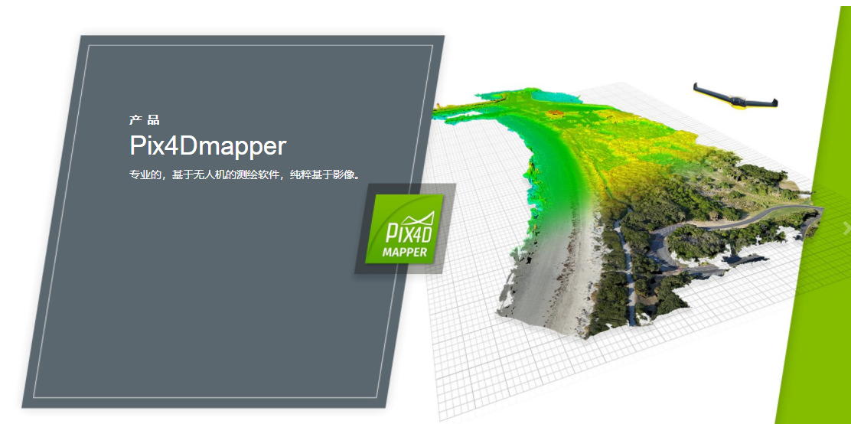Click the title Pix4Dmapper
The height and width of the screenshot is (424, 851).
(208, 146)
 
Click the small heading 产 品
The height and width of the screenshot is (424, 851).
(145, 120)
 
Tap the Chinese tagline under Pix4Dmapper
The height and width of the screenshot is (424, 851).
(245, 174)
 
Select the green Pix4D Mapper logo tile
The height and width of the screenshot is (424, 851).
(404, 229)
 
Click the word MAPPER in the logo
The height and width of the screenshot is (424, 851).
(404, 252)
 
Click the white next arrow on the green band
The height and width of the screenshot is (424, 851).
(846, 229)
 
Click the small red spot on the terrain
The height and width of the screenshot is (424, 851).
(555, 113)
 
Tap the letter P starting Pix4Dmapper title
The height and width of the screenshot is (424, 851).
(138, 145)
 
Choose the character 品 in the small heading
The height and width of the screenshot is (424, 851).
(154, 120)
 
